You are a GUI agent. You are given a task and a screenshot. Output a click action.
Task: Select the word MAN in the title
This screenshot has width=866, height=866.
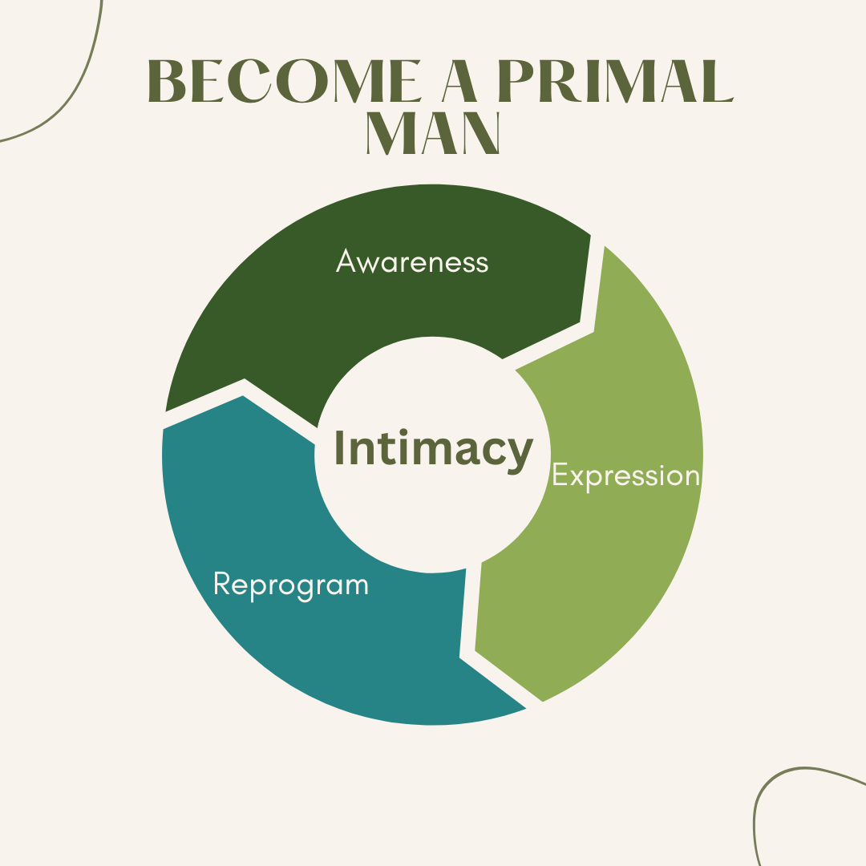coord(433,133)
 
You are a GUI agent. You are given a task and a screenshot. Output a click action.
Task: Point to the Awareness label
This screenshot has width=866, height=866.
coord(412,262)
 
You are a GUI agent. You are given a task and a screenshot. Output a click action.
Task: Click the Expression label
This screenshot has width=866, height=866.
coord(625,475)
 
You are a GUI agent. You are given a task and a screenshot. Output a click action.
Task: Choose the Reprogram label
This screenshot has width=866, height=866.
coord(290,584)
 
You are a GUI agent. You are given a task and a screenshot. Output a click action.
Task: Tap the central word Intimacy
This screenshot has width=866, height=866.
coord(433,448)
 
